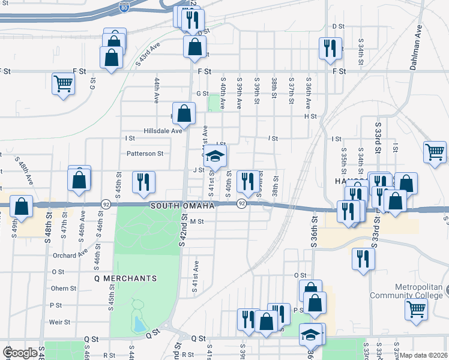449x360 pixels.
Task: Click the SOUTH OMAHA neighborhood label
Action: (182, 206)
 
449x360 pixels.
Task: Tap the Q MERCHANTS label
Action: (125, 278)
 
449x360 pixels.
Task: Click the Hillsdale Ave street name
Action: (162, 131)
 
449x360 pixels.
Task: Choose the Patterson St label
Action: (145, 154)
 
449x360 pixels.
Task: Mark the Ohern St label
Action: (64, 288)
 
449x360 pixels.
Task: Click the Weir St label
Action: (60, 322)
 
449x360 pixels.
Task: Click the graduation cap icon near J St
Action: (214, 157)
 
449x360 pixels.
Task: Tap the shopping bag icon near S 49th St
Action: (21, 206)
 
